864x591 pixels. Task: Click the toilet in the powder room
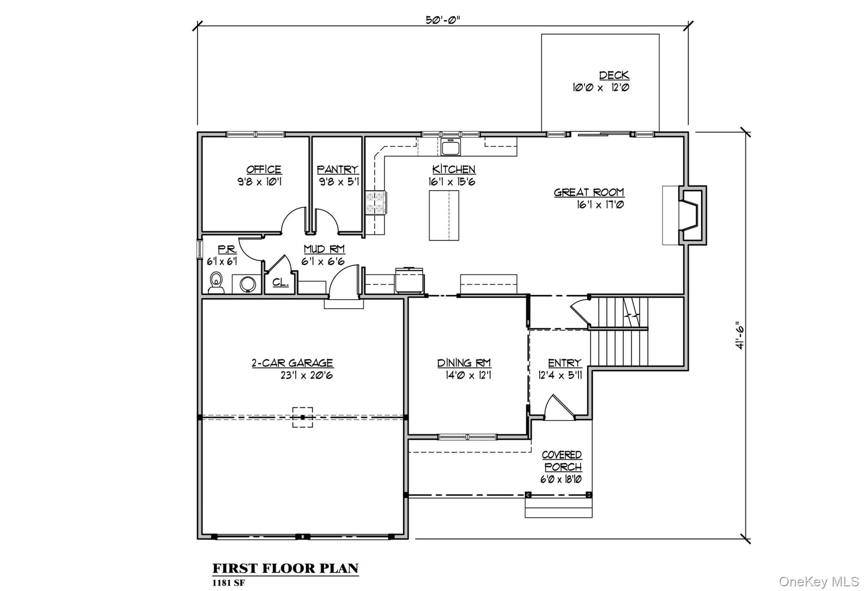point(216,283)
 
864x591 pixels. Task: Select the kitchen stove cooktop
point(375,203)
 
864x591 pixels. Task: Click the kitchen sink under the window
point(451,147)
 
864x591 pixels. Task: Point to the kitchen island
point(444,215)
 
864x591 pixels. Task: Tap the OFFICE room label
point(264,169)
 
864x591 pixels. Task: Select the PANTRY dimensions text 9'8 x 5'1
point(339,182)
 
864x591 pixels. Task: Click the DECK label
point(614,75)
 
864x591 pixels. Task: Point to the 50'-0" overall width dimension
point(442,20)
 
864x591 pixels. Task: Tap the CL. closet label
point(280,282)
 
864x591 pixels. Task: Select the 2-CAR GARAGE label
point(292,363)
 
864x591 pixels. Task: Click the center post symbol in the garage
point(302,417)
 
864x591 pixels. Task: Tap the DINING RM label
point(464,363)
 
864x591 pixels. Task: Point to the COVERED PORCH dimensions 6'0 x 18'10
point(561,479)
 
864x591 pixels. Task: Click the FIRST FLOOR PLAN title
point(285,568)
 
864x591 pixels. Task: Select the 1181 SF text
point(228,583)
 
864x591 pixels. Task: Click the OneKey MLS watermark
point(818,582)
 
